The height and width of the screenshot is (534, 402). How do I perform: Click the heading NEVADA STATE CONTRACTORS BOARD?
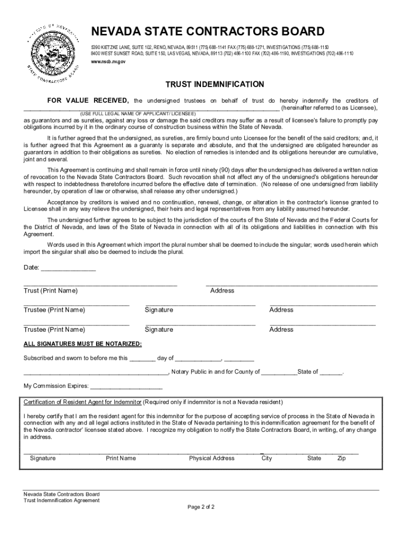pyautogui.click(x=208, y=31)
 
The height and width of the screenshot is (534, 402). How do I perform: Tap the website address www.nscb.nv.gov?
pyautogui.click(x=108, y=62)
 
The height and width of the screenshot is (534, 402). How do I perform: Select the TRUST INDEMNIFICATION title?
pyautogui.click(x=215, y=84)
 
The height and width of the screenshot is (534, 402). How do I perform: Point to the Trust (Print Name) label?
pyautogui.click(x=51, y=290)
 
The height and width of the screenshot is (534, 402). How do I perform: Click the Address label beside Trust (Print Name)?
pyautogui.click(x=222, y=290)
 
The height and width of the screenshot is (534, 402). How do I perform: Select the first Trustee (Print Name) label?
pyautogui.click(x=54, y=310)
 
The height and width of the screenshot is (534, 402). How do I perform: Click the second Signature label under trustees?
pyautogui.click(x=159, y=330)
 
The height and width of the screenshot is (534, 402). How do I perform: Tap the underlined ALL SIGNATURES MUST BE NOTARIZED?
pyautogui.click(x=82, y=344)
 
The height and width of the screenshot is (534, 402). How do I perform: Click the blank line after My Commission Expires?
pyautogui.click(x=126, y=386)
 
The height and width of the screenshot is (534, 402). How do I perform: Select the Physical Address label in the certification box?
pyautogui.click(x=211, y=458)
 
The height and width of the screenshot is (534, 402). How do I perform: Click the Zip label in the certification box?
pyautogui.click(x=341, y=458)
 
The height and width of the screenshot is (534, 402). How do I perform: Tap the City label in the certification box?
pyautogui.click(x=267, y=458)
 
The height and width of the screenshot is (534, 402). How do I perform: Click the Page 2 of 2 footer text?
pyautogui.click(x=201, y=506)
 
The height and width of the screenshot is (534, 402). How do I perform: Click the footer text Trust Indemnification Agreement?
pyautogui.click(x=61, y=500)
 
